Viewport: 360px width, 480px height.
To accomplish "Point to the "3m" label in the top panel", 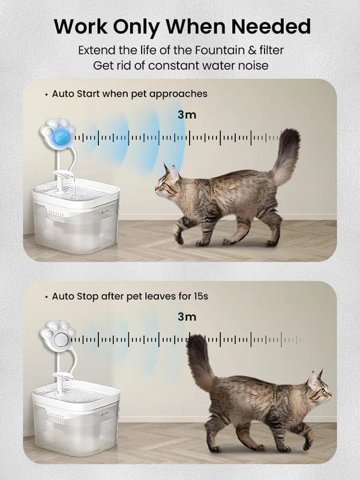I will point(186,114).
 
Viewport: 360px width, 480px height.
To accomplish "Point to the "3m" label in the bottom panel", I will point(186,316).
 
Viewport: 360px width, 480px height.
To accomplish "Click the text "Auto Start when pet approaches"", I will point(130,94).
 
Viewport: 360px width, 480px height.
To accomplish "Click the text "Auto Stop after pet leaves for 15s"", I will point(130,296).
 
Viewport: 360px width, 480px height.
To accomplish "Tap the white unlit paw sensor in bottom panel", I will point(59,337).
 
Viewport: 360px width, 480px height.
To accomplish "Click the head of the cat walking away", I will point(318,390).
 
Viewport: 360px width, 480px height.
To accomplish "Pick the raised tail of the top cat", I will point(286,155).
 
